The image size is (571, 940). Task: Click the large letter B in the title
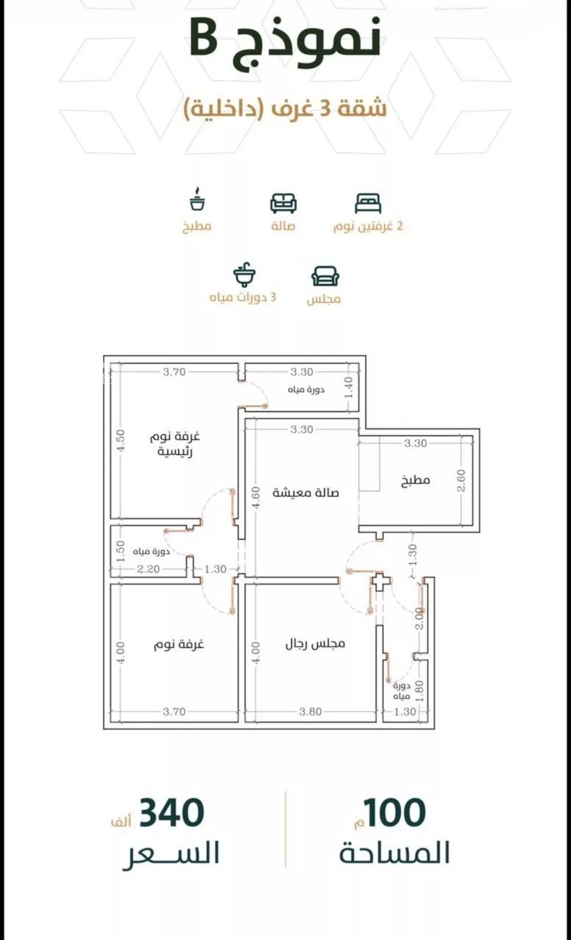204,38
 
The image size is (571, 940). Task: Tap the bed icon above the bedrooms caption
368,203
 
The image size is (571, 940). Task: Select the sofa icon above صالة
283,203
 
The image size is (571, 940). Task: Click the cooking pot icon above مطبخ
197,199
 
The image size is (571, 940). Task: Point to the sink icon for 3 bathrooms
244,275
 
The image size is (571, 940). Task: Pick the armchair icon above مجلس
325,276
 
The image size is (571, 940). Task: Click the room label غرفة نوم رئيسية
175,444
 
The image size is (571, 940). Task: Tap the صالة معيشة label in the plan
305,493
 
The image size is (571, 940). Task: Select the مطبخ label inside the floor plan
416,480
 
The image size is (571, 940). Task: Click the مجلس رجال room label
315,644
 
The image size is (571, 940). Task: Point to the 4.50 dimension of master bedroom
120,441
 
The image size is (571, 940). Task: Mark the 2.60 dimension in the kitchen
461,481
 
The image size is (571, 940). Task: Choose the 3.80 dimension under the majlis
311,711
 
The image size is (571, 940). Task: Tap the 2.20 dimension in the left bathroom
148,569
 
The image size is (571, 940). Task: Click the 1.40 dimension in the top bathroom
348,388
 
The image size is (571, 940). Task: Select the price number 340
172,813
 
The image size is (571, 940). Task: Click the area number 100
395,813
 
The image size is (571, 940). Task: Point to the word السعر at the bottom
171,854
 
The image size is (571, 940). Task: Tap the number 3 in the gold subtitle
324,108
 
